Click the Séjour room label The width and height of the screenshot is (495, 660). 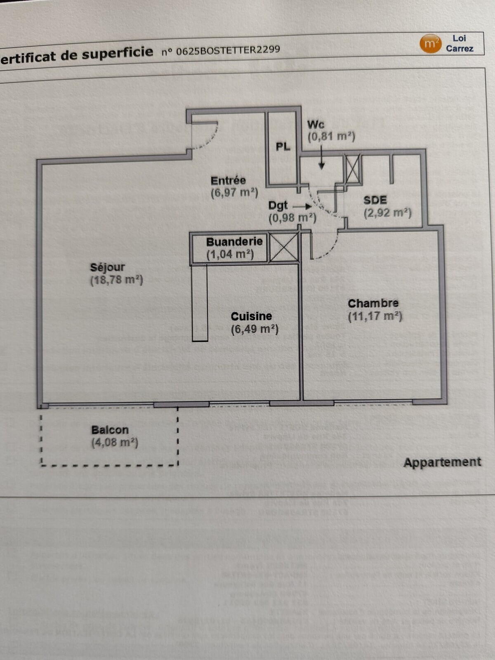(107, 267)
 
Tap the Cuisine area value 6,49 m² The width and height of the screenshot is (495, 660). (255, 329)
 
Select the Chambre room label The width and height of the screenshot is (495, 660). (373, 304)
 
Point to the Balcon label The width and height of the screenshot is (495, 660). (110, 430)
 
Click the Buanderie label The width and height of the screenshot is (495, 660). (234, 242)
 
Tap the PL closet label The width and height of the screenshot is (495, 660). (283, 147)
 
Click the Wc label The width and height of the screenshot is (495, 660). (316, 125)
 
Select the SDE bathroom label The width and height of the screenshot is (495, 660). (375, 200)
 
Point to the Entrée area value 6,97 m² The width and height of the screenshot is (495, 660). (234, 193)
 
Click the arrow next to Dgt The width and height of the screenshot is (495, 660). (302, 206)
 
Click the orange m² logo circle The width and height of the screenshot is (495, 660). (430, 44)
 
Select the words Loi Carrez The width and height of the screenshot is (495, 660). (459, 43)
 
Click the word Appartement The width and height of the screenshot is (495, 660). (442, 462)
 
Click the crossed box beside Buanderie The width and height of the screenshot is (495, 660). (284, 247)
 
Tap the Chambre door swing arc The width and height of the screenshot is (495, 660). (328, 250)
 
